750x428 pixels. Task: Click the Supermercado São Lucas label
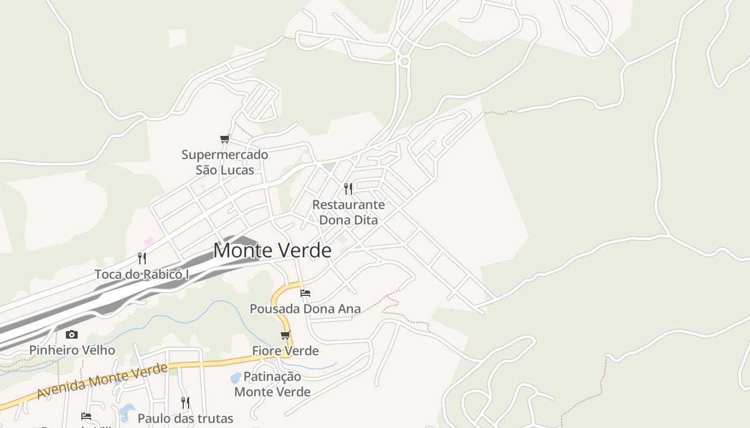click(x=224, y=162)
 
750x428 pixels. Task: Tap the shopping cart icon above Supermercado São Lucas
click(x=225, y=139)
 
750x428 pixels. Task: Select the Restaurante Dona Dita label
click(x=348, y=212)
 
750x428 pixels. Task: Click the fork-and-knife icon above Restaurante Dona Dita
click(x=348, y=188)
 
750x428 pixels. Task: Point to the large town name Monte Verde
click(x=272, y=250)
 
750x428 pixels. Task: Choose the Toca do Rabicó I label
click(x=142, y=274)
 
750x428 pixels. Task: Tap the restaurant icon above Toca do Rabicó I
click(x=142, y=258)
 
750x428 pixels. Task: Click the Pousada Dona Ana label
click(x=305, y=309)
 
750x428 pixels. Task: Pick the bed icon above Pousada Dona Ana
click(x=305, y=293)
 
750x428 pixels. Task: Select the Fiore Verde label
click(x=286, y=351)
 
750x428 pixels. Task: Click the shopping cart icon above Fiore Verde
click(x=286, y=335)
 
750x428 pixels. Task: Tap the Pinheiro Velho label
click(x=72, y=350)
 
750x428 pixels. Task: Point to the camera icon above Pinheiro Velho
click(x=72, y=335)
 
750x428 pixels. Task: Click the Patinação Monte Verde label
click(x=272, y=384)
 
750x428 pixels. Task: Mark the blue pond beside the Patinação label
click(x=235, y=378)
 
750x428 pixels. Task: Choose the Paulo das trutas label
click(x=185, y=418)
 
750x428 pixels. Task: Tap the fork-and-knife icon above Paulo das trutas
click(x=185, y=402)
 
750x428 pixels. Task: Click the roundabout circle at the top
click(x=404, y=62)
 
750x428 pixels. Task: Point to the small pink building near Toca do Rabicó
click(x=149, y=241)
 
